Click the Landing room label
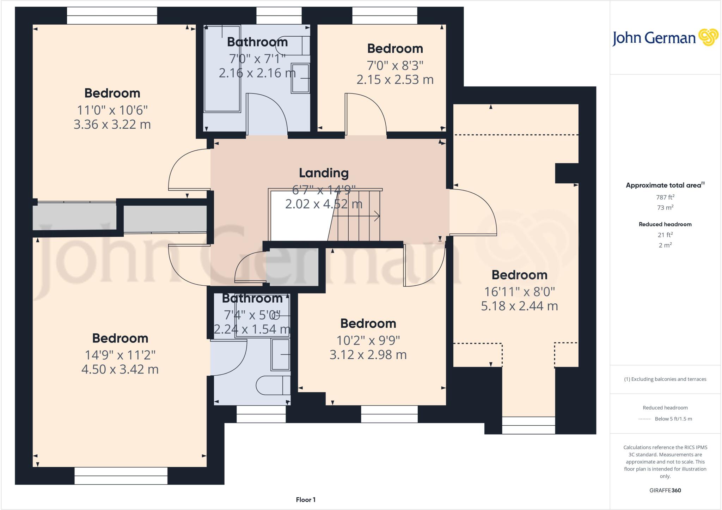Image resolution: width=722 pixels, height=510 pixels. (324, 173)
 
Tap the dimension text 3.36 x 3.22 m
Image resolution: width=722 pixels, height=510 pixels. (112, 125)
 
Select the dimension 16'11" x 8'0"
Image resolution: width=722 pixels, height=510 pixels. (519, 292)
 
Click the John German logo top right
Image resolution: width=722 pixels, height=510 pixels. (665, 37)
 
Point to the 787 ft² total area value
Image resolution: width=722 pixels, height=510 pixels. (665, 197)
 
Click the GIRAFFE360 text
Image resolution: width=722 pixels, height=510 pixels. (665, 490)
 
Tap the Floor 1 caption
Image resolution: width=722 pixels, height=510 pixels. (306, 499)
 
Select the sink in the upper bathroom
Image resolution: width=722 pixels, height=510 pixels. (300, 78)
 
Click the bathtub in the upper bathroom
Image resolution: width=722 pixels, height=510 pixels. (222, 69)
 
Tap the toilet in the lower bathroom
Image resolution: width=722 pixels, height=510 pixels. (273, 385)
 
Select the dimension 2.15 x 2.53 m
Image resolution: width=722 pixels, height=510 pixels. (395, 80)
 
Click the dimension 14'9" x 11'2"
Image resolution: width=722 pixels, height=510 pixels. (120, 355)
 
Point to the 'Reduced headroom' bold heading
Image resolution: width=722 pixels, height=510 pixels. (665, 224)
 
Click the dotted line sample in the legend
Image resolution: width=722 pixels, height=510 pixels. (645, 419)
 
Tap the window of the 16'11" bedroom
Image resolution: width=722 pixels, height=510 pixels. (528, 425)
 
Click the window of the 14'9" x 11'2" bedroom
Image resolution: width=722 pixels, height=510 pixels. (121, 476)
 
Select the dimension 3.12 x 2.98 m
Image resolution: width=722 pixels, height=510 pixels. (368, 354)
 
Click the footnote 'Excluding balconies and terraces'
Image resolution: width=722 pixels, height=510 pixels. (665, 379)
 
